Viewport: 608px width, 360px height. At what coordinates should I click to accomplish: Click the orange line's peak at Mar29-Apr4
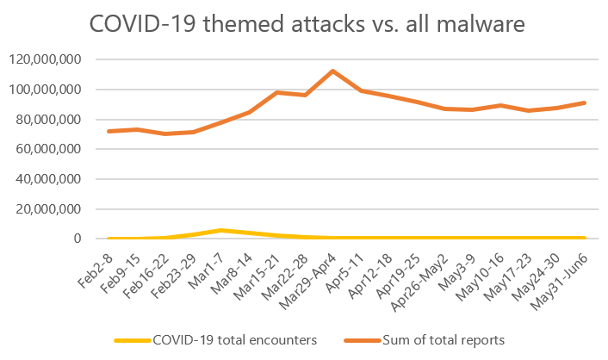point(332,71)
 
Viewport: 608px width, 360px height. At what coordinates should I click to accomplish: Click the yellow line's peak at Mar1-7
point(221,230)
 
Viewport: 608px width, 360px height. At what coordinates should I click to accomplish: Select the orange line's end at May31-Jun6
point(585,102)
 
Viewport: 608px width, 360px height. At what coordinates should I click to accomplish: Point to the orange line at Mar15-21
point(277,92)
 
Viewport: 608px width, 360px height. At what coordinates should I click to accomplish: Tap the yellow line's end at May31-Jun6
point(585,238)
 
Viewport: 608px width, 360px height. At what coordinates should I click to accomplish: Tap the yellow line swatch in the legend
point(133,340)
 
